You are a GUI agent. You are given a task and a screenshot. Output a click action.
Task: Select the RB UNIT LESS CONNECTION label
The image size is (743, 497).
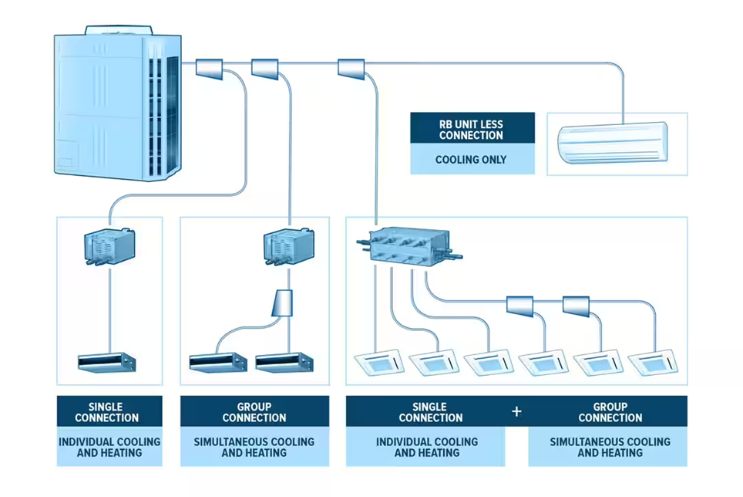(x=472, y=129)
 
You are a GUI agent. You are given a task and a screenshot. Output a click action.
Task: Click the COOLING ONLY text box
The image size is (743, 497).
(x=472, y=160)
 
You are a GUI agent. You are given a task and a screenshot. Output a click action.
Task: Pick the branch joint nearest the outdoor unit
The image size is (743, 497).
(x=210, y=69)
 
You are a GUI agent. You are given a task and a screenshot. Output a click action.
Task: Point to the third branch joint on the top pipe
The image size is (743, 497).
(x=351, y=69)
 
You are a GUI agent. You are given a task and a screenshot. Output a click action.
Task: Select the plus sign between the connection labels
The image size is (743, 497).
(x=516, y=411)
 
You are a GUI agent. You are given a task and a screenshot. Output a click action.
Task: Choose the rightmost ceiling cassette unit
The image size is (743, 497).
(x=654, y=362)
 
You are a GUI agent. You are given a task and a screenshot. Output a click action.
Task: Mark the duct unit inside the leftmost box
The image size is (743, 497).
(x=106, y=362)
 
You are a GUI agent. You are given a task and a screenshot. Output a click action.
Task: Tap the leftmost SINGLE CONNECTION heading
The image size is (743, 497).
(x=109, y=411)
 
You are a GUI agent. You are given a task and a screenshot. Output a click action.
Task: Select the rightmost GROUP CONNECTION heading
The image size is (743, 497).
(x=609, y=411)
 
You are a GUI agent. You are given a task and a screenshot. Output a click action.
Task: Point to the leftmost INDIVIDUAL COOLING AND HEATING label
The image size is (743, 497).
(x=109, y=447)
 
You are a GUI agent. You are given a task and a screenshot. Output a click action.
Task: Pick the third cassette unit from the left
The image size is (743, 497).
(x=487, y=362)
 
